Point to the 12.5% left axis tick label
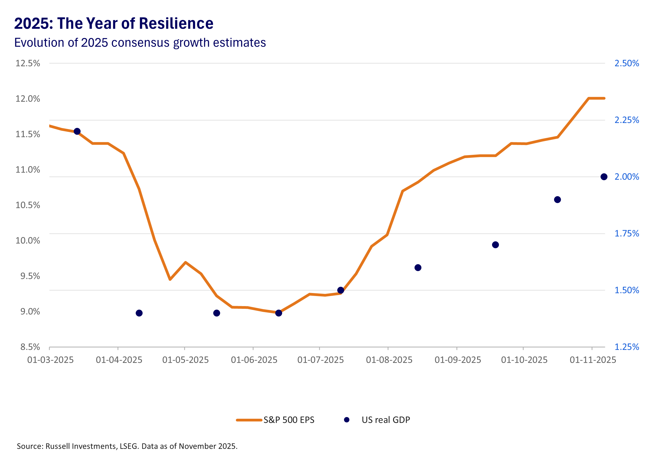point(27,63)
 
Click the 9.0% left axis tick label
point(30,312)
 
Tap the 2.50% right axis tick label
point(626,63)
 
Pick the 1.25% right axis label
point(626,347)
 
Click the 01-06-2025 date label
point(254,360)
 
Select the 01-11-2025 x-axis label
point(593,360)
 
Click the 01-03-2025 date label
point(50,360)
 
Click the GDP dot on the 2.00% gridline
point(604,177)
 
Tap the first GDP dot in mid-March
point(77,131)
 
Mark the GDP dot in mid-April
point(139,313)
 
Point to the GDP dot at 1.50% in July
point(341,290)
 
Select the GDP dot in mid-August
point(418,267)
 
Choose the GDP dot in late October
point(557,200)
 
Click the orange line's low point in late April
point(170,279)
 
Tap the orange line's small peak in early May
point(186,262)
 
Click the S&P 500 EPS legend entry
point(289,420)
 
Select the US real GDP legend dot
point(347,420)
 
